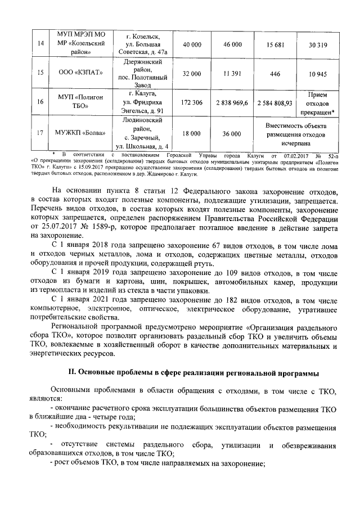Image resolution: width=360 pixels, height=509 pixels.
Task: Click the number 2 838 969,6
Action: [232, 103]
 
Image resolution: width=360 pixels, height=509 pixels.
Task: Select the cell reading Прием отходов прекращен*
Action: [318, 103]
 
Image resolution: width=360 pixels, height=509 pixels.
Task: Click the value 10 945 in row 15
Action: [318, 74]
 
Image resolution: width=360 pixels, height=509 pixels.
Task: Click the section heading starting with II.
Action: [193, 372]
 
